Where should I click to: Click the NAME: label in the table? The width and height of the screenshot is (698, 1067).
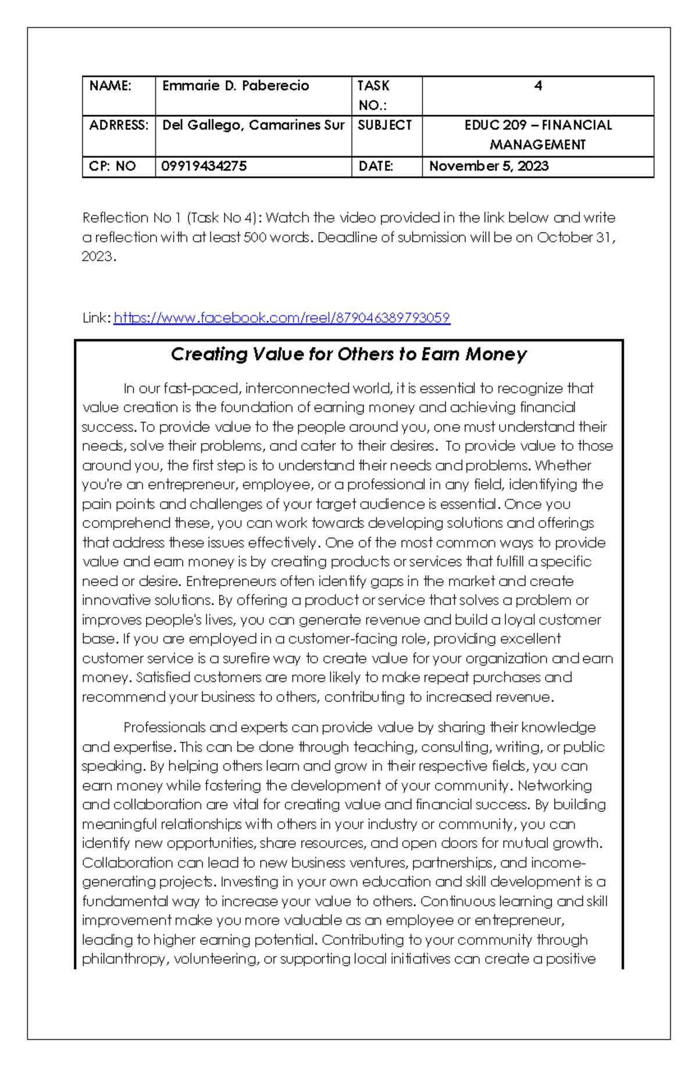coord(111,86)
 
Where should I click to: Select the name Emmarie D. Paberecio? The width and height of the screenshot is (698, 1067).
coord(236,86)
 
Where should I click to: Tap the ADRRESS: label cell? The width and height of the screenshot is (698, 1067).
coord(119,125)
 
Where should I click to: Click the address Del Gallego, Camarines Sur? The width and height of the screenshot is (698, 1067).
coord(253,125)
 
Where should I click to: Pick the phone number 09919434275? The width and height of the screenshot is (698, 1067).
coord(204,166)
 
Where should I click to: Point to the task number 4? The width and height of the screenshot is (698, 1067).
coord(538,86)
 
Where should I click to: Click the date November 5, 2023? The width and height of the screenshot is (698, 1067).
coord(489,166)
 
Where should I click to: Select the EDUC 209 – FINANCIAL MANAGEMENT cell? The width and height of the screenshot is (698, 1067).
coord(538,135)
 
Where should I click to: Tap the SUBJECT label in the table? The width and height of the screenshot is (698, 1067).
coord(384,125)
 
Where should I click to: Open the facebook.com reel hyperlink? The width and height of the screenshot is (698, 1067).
coord(282,318)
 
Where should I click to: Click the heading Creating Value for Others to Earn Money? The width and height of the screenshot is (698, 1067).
coord(348,354)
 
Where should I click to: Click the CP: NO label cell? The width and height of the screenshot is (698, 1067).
coord(112,166)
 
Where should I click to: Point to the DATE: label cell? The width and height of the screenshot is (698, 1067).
coord(376,166)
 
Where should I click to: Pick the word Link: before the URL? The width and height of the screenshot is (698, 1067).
coord(96,318)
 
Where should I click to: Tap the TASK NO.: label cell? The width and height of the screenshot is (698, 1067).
coord(373,95)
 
